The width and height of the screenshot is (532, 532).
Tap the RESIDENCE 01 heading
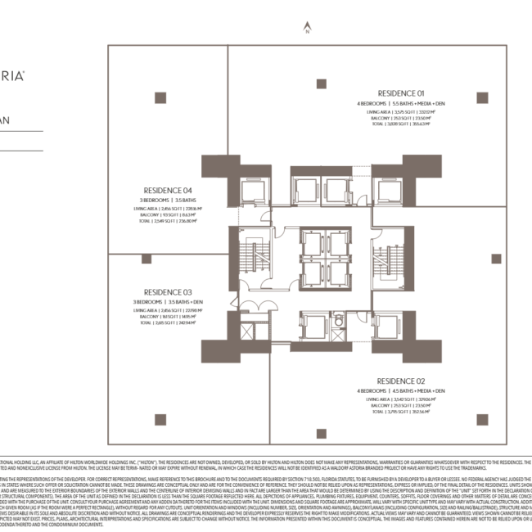[x=401, y=92]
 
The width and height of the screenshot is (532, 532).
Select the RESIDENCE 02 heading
[x=401, y=381]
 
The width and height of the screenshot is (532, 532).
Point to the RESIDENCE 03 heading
[x=168, y=292]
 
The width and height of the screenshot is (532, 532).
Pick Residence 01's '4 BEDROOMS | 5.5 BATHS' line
[x=401, y=104]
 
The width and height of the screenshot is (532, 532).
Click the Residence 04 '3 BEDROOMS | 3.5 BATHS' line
[x=168, y=201]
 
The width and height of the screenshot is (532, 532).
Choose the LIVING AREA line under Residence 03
[x=168, y=310]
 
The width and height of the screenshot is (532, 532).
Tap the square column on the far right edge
[x=496, y=259]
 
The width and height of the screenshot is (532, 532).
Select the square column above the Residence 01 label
[x=321, y=83]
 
